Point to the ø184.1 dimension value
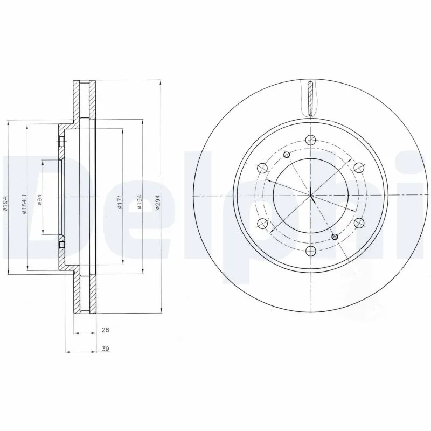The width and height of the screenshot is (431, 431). [x=24, y=204]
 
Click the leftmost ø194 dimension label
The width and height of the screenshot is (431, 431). [x=5, y=204]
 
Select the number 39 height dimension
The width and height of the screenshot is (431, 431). [x=106, y=349]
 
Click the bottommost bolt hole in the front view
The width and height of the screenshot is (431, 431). [x=310, y=249]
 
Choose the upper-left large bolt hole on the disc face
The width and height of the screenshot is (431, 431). [x=262, y=167]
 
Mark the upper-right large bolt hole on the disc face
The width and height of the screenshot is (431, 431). [x=358, y=167]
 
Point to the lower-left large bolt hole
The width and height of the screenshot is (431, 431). [x=262, y=222]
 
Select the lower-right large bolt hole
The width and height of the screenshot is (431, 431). [x=358, y=222]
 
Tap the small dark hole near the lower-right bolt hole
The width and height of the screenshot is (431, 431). [x=335, y=236]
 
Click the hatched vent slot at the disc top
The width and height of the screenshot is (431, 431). [x=310, y=98]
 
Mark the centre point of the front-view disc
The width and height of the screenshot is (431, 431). [x=310, y=195]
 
